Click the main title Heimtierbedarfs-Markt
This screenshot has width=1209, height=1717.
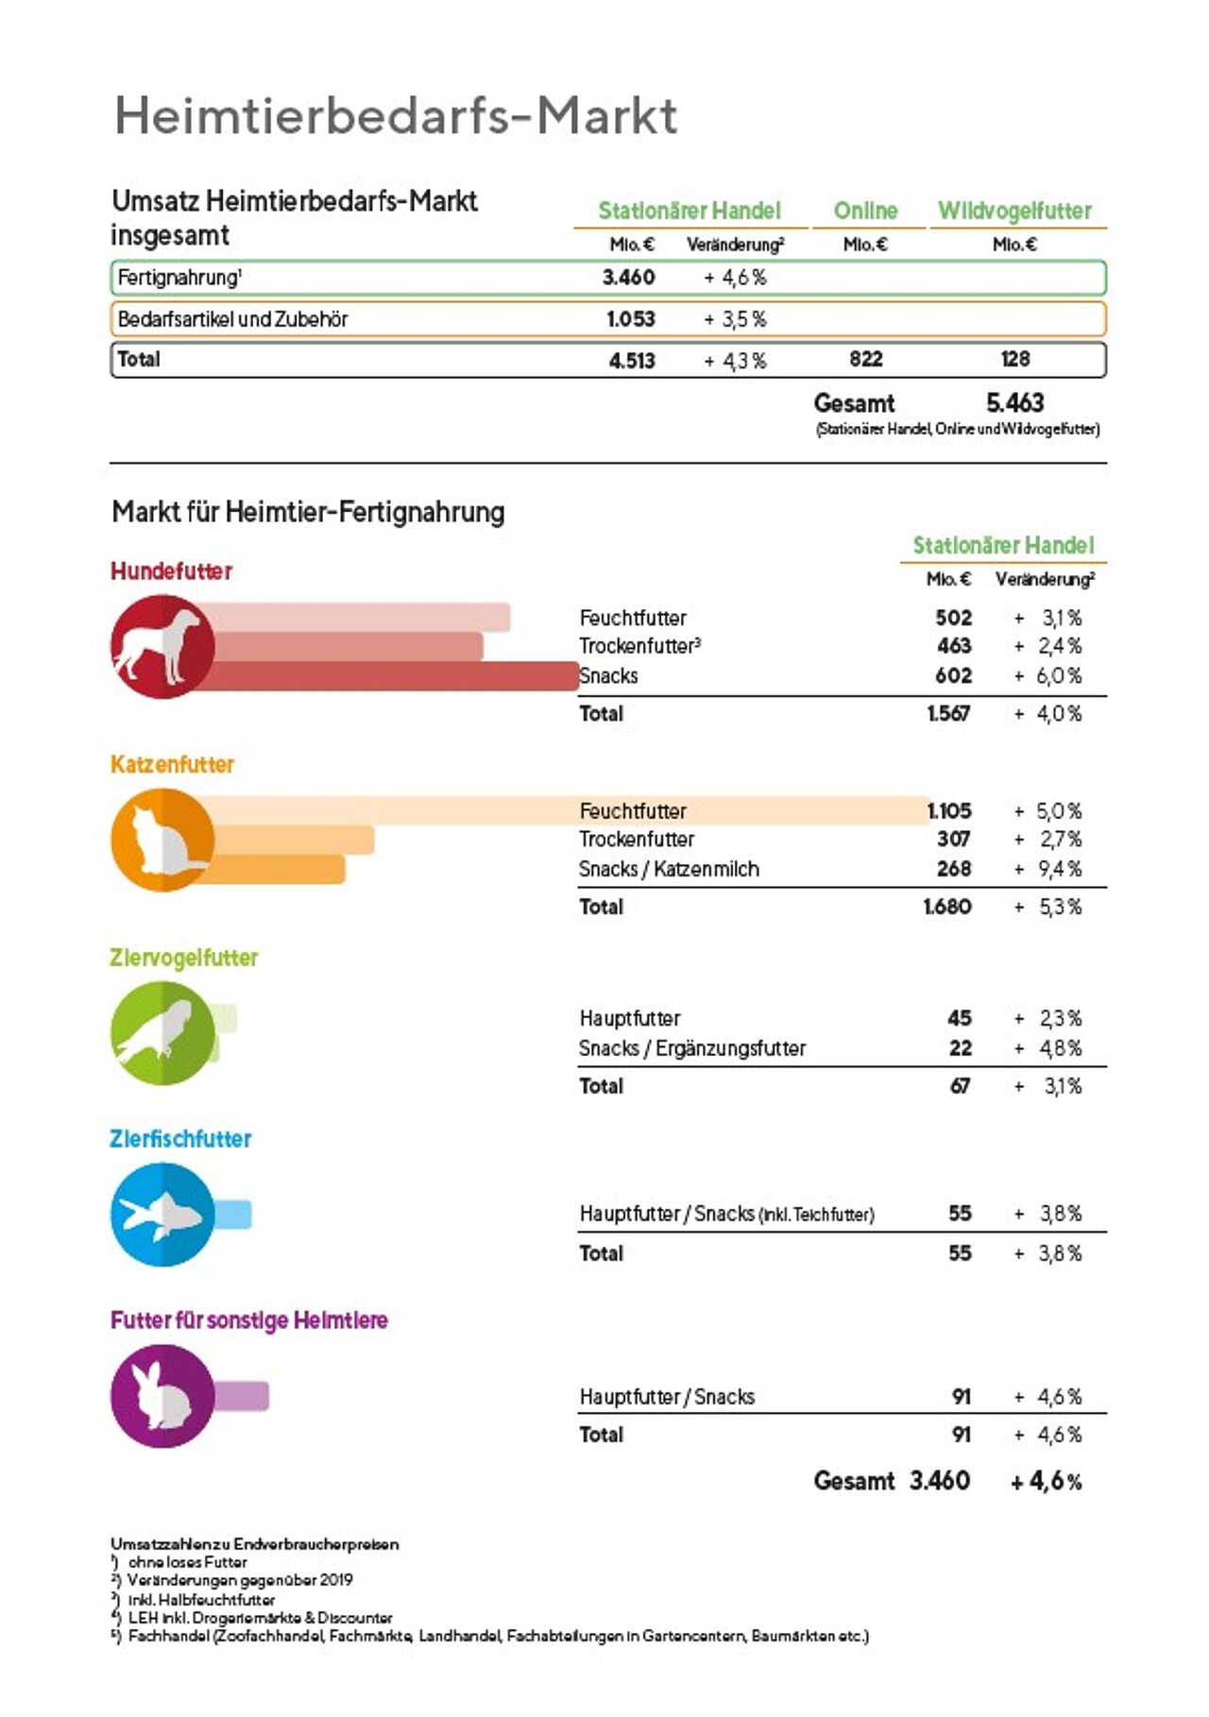395,116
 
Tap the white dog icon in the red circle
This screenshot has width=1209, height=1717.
159,646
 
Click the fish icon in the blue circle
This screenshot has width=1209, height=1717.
161,1215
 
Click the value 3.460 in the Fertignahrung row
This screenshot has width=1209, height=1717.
628,278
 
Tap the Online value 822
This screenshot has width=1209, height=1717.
865,359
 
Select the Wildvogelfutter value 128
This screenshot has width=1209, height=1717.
1015,359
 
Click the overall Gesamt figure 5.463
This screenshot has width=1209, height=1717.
1014,403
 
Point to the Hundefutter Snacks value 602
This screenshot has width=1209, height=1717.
953,676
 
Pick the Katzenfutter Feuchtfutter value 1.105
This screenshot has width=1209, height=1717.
949,811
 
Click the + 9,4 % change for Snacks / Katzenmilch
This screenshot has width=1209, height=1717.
1048,869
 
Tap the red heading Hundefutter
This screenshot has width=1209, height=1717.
171,571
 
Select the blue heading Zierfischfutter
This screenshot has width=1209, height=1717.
180,1139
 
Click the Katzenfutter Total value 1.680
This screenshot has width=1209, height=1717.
947,907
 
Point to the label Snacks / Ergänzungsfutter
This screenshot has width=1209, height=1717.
692,1048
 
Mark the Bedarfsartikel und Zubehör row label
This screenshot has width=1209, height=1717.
232,319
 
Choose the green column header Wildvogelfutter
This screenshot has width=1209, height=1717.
1014,211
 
